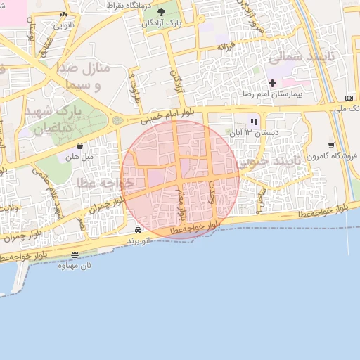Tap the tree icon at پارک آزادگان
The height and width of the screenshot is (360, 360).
[x=162, y=12]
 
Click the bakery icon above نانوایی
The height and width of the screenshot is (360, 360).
[x=64, y=15]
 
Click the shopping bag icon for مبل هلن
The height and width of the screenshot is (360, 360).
[x=79, y=146]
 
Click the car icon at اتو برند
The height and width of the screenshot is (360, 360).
[x=138, y=230]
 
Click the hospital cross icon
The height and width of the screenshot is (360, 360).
[x=272, y=83]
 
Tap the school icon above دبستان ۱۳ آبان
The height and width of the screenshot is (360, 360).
[x=254, y=122]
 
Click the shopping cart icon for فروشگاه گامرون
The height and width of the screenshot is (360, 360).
[x=330, y=146]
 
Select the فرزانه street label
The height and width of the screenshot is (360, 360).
[x=226, y=46]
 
